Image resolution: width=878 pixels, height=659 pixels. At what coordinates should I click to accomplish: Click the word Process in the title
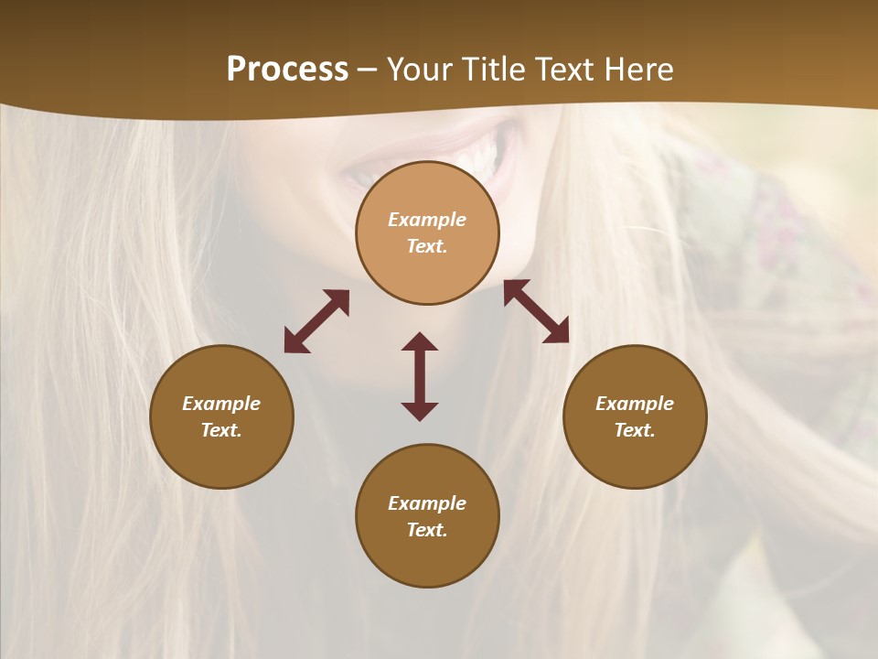tap(287, 70)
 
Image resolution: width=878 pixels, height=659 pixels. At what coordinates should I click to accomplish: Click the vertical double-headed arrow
tap(420, 376)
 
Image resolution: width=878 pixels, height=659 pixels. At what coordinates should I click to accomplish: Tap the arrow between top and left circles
tap(316, 321)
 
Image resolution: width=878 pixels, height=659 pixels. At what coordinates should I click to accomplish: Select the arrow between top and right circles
tap(536, 311)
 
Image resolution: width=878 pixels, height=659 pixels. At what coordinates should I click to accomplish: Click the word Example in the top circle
tap(427, 220)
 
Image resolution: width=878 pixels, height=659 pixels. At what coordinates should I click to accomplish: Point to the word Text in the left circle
tap(221, 430)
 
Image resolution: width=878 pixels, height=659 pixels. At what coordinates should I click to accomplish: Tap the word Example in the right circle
tap(635, 404)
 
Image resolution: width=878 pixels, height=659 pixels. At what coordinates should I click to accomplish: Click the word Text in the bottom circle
tap(427, 530)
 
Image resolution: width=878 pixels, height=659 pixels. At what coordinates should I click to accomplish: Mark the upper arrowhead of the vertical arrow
tap(420, 341)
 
